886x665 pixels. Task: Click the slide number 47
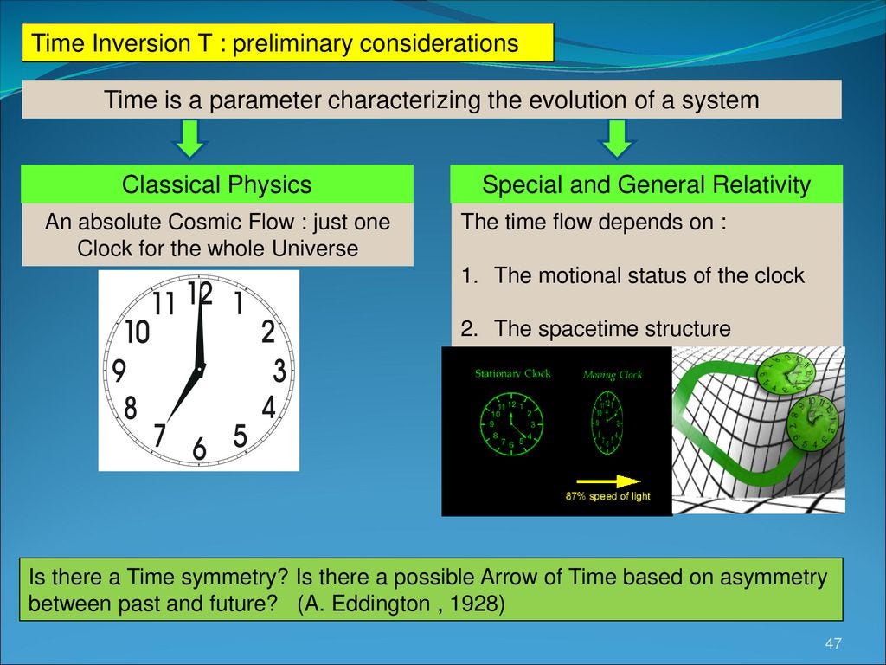point(833,643)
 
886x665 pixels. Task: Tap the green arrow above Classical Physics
point(190,139)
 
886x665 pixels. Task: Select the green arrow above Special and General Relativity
point(617,139)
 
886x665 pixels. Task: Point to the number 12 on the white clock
point(200,294)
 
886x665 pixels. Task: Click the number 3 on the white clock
point(279,372)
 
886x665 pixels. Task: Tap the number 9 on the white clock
point(119,372)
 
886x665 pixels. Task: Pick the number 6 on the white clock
point(200,449)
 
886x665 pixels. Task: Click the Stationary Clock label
point(512,374)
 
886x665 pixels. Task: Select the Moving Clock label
point(612,375)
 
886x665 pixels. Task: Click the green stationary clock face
point(511,423)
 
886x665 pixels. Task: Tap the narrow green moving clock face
point(607,423)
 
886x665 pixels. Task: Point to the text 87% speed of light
point(607,496)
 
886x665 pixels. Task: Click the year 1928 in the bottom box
point(475,604)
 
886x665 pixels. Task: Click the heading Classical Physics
point(216,184)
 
